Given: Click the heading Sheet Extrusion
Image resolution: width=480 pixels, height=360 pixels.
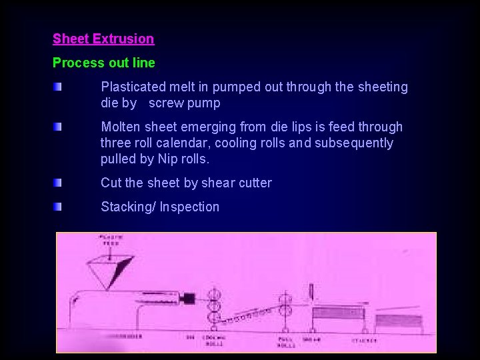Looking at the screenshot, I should click(103, 39).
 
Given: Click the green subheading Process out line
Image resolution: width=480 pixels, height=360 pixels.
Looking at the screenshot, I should click(103, 63).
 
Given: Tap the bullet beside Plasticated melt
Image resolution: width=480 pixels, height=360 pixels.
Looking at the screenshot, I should click(59, 87).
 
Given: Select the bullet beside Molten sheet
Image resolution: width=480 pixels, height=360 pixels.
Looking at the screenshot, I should click(59, 127).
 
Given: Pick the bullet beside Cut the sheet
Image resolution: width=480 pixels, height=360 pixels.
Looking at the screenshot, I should click(59, 183).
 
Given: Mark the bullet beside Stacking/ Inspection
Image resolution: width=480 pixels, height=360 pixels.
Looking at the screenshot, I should click(59, 207).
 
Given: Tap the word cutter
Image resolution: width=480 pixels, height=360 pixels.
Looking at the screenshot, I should click(254, 183).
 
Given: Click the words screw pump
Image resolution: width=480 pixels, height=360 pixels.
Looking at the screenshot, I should click(184, 103).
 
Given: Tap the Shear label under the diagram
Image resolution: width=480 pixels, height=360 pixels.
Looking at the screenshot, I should click(312, 339).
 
